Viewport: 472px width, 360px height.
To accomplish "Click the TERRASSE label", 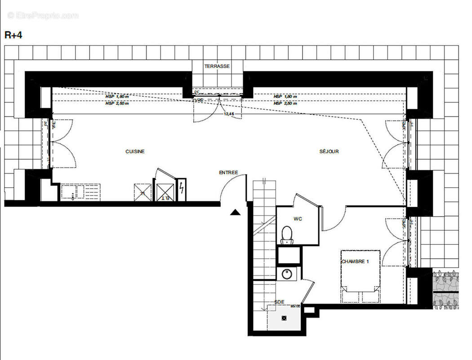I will [x=217, y=66].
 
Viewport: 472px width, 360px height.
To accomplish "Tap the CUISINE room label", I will [x=135, y=152].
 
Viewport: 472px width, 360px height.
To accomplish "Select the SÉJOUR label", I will [x=329, y=152].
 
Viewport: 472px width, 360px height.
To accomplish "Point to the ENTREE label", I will [x=228, y=172].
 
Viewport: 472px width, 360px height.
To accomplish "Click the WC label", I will [x=298, y=219].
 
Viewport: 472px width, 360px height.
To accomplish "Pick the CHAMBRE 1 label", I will [x=355, y=261].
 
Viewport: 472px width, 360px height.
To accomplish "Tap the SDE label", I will [x=280, y=302].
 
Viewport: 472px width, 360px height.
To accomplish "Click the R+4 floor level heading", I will [x=13, y=36].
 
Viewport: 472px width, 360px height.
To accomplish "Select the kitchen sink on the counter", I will [x=71, y=192].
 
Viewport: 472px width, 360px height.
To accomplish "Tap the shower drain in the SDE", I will [x=284, y=318].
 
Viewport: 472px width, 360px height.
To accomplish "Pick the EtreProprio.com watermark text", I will [x=43, y=16].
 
